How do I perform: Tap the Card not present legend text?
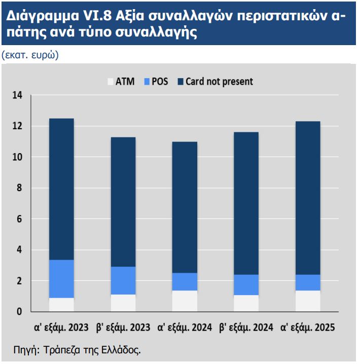point(219,82)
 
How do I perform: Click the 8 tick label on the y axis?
point(20,188)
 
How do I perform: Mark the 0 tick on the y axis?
point(20,312)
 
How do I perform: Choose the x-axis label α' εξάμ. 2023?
point(61,327)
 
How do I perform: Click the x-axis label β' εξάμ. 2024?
point(246,327)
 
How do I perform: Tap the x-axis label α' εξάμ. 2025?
point(308,327)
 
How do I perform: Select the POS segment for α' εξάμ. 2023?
point(61,279)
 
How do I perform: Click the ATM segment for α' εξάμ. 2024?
point(185,301)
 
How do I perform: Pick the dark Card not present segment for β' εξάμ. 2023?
point(123,202)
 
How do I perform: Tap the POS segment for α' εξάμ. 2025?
point(308,282)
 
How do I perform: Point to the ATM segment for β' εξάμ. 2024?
point(246,303)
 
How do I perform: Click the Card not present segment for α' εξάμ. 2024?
point(185,207)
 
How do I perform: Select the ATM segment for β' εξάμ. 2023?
point(123,303)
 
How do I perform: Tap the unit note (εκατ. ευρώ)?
point(30,55)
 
